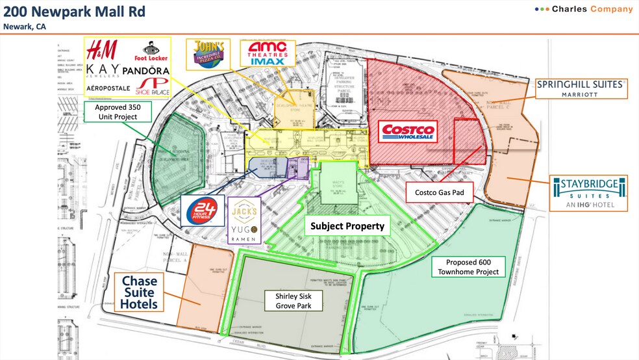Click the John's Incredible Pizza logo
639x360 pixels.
[x=208, y=54]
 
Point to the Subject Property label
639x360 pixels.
[x=347, y=226]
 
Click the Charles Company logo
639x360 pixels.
[x=583, y=9]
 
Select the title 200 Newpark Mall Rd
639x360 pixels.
[x=74, y=11]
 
